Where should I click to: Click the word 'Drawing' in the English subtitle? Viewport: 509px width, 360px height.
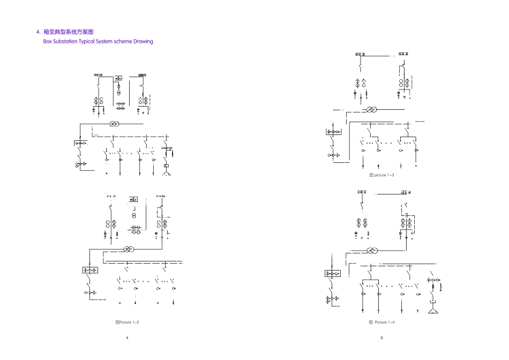tap(143, 41)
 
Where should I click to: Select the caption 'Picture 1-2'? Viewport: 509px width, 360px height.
tap(127, 322)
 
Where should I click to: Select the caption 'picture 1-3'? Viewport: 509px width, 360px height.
tap(382, 175)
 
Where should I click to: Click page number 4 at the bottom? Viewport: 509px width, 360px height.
tap(127, 338)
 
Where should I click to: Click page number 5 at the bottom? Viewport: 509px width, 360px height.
tap(381, 338)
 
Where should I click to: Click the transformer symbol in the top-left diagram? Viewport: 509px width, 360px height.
tap(114, 124)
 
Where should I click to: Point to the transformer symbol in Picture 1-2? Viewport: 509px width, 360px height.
tap(128, 249)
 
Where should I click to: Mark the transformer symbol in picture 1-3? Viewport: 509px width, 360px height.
tap(371, 110)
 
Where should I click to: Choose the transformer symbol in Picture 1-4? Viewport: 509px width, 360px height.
tap(372, 250)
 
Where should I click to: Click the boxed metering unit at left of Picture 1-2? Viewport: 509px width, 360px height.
tap(89, 270)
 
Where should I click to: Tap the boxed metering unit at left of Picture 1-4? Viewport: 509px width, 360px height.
tap(333, 274)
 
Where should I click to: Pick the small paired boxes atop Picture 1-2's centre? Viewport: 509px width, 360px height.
tap(133, 199)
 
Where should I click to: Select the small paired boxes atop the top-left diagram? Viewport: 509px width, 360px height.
tap(119, 78)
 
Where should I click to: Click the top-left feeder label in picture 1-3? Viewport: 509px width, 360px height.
tap(360, 55)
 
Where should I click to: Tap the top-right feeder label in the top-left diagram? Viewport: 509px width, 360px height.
tap(143, 75)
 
